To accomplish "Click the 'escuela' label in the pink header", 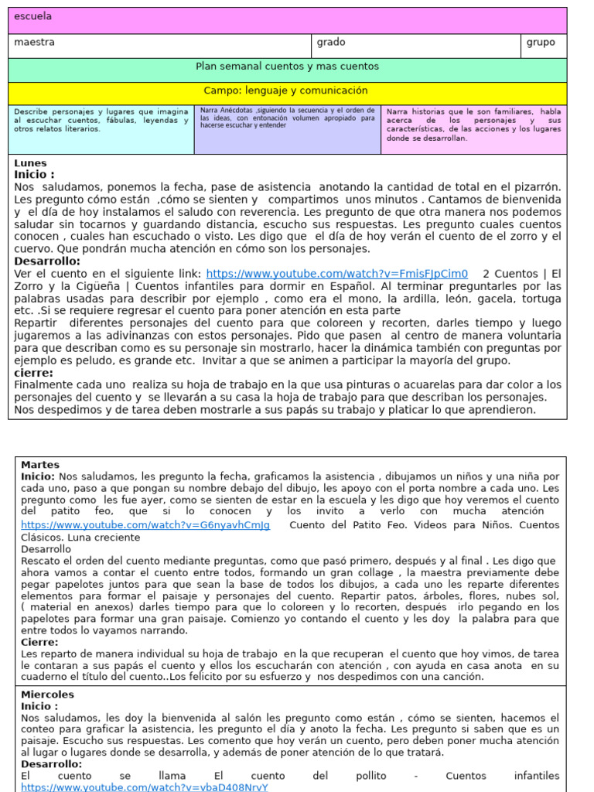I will [x=28, y=16].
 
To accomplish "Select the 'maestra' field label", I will [x=34, y=43].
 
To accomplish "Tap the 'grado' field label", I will [x=331, y=43].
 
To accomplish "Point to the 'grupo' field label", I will [x=541, y=43].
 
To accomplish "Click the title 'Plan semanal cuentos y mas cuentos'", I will [x=287, y=67].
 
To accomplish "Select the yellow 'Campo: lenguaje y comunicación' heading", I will [x=287, y=91].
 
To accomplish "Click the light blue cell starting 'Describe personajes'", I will [x=101, y=120].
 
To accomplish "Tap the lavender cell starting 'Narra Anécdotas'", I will [x=287, y=118].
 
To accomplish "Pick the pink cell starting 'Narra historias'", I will [x=473, y=125].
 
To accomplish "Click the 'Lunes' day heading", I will [x=30, y=163].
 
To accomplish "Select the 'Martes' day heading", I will [x=40, y=465].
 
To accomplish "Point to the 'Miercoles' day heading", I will [x=47, y=695].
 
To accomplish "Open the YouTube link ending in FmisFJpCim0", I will [x=336, y=274].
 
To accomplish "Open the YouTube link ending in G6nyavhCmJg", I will [x=145, y=526].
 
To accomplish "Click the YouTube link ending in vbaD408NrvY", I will [x=144, y=787].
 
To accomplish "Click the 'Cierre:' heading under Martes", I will [x=39, y=642].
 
